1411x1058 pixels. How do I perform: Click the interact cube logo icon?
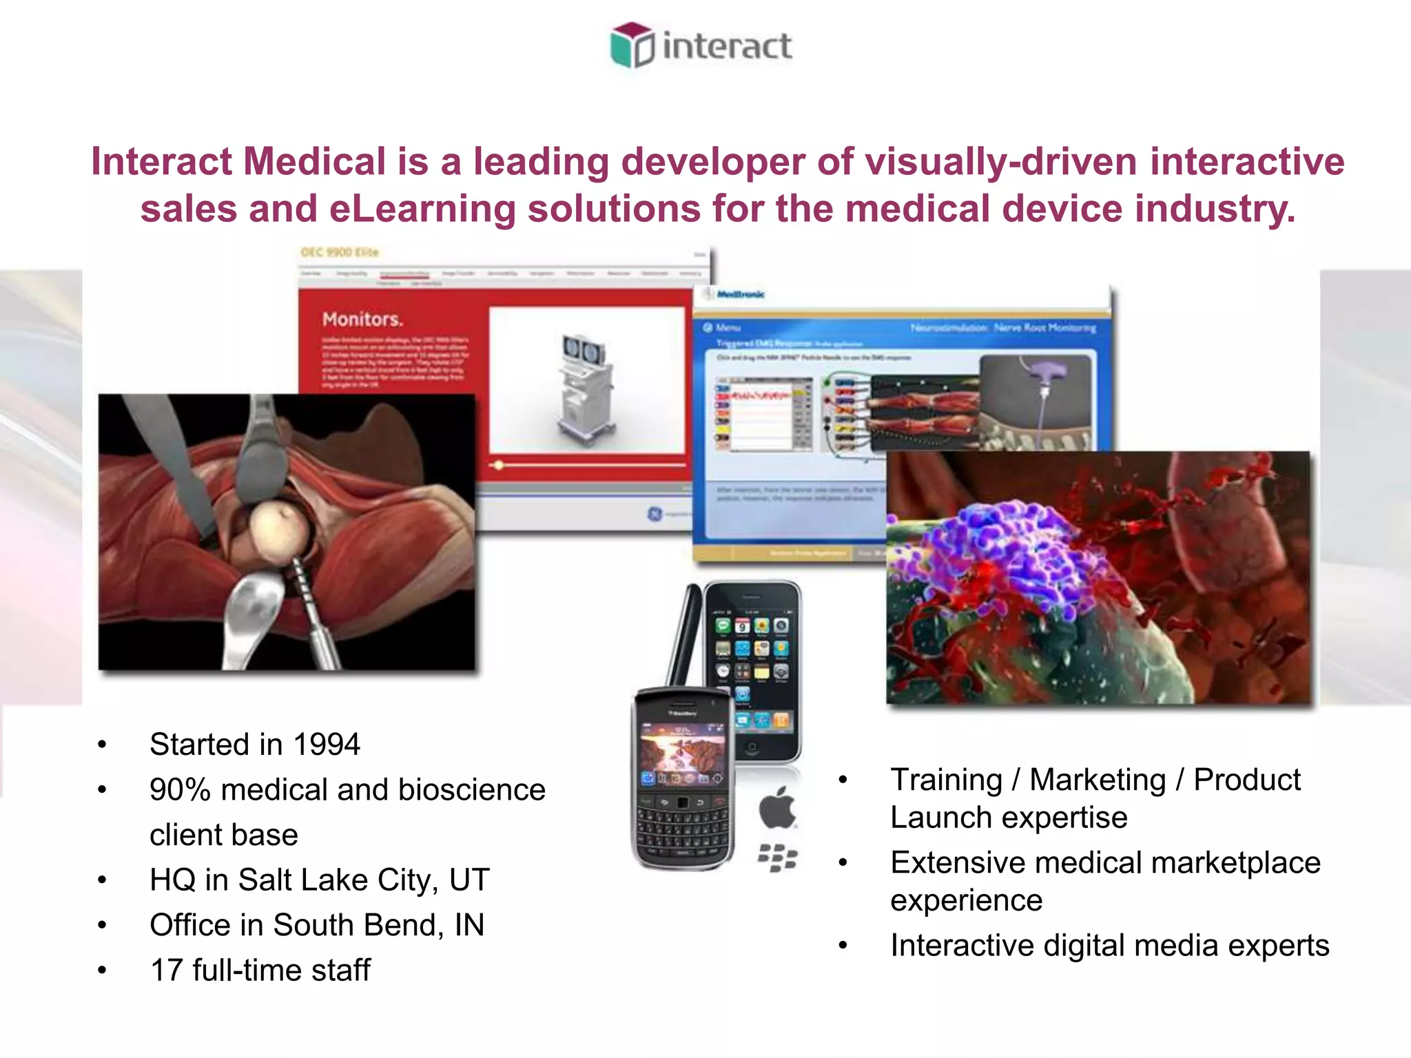pos(631,45)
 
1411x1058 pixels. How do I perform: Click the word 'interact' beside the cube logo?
pos(726,47)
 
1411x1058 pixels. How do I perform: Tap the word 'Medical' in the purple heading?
pos(314,162)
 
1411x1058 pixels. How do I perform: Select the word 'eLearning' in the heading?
pos(422,209)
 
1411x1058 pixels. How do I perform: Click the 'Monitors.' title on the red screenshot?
pos(362,320)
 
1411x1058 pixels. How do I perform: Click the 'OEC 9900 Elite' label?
pos(340,252)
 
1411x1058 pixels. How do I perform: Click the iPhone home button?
pos(752,748)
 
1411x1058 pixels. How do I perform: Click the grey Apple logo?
pos(777,808)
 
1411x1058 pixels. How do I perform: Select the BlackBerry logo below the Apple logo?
pos(777,858)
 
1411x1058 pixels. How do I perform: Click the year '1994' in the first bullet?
pos(326,745)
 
